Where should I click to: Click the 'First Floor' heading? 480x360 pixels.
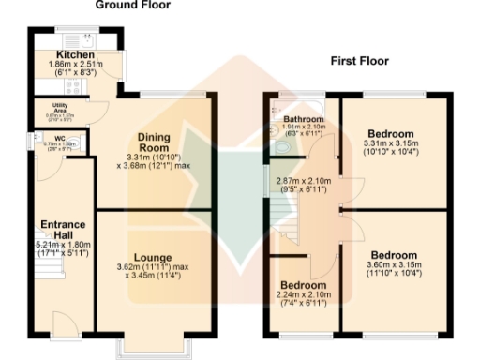359,61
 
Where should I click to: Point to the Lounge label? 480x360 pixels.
151,256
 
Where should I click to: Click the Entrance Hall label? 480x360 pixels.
64,230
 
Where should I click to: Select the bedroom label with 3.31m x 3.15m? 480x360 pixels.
387,133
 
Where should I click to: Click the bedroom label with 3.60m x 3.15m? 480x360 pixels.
394,255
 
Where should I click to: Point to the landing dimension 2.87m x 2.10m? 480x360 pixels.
302,181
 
